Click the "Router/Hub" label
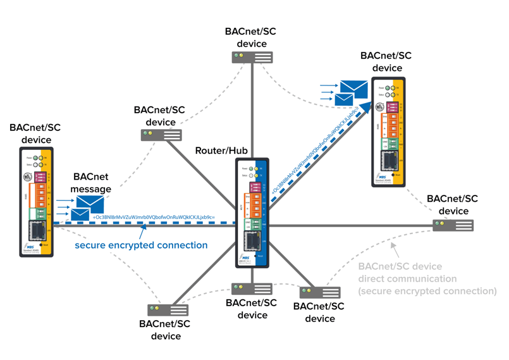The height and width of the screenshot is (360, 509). coord(221,151)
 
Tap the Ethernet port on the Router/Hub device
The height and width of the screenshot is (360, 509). coord(252,241)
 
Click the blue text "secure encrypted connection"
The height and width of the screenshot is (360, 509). coord(141,245)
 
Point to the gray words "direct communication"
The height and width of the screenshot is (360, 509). coord(407,278)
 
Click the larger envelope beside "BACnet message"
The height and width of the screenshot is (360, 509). coord(90,204)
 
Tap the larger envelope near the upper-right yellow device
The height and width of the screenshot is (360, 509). coord(353,89)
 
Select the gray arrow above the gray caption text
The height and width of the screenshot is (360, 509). coord(394,247)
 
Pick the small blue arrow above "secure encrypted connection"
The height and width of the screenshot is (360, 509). coord(145,231)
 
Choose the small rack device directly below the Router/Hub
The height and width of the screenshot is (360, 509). coord(252,289)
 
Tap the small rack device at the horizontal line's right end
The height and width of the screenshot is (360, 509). coord(453,225)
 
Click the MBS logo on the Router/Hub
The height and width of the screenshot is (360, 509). coord(245,258)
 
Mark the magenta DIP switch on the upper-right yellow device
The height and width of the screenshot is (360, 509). coord(393,107)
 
